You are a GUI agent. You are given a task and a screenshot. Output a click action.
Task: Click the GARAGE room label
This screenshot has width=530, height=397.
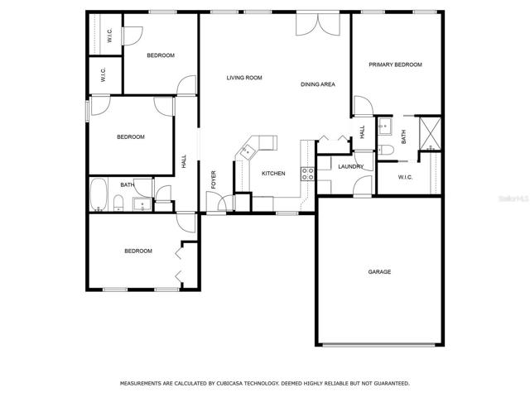[x=379, y=272]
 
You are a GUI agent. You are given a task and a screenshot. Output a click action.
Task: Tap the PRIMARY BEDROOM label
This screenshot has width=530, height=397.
[x=395, y=65]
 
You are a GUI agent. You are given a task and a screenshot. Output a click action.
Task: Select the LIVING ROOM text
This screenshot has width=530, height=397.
[x=244, y=78]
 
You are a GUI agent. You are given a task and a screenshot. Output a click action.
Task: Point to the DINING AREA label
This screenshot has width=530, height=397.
[x=318, y=84]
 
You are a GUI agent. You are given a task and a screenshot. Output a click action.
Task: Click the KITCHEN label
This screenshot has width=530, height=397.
[x=273, y=174]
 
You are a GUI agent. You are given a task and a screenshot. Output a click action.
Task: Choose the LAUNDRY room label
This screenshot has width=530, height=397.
[x=351, y=166]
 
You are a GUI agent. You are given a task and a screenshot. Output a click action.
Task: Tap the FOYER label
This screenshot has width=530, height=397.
[x=214, y=179]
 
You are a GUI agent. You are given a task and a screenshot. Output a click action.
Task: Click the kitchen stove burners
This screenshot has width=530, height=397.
[x=307, y=174]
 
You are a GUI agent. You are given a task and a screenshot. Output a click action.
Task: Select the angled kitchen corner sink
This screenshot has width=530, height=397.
[x=247, y=151]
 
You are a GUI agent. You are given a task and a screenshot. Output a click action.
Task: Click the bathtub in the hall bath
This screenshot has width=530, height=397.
[x=99, y=194]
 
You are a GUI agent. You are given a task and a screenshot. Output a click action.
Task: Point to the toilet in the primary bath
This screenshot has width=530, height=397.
[x=385, y=150]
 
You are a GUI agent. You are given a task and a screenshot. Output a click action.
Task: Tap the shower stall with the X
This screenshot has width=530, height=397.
[x=430, y=133]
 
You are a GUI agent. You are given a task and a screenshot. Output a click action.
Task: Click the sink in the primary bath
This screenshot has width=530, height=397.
[x=384, y=127]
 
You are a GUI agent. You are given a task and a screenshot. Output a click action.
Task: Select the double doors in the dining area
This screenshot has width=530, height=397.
[x=318, y=24]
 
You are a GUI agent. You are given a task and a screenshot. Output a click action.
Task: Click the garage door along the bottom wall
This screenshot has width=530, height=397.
[x=378, y=345]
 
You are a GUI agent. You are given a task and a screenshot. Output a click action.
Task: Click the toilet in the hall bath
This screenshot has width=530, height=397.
[x=118, y=203]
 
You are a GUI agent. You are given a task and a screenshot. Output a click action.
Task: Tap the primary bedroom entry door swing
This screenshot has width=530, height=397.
[x=363, y=106]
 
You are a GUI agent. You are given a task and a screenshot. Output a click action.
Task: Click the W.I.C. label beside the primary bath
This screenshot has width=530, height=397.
[x=405, y=177]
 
